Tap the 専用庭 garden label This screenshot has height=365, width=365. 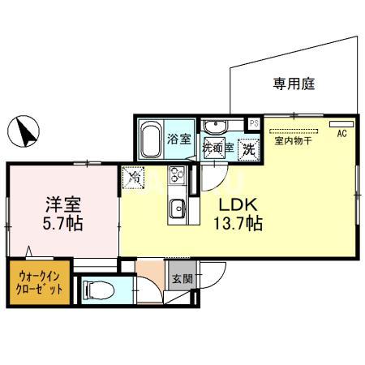tap(294, 84)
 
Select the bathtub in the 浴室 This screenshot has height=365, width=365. tap(151, 140)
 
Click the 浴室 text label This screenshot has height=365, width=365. tap(179, 139)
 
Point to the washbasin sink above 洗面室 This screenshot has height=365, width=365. tap(216, 127)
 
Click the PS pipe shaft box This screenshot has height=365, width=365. tap(254, 123)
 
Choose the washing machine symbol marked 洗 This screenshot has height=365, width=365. tap(249, 149)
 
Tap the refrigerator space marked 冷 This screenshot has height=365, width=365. tap(133, 178)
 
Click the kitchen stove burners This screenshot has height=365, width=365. tap(177, 175)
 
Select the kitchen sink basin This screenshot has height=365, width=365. tap(178, 208)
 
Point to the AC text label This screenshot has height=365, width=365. tap(342, 134)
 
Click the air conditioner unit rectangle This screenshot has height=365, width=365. tap(341, 124)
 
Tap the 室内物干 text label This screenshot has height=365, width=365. tap(294, 141)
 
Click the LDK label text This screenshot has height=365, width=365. tap(238, 205)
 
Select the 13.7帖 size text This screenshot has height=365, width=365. tap(238, 224)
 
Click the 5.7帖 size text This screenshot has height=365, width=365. tap(62, 224)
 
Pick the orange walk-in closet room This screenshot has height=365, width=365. tap(40, 282)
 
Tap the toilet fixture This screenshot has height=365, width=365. tap(99, 290)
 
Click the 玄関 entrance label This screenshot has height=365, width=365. tap(182, 279)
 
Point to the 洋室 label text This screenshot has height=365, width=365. tap(63, 204)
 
